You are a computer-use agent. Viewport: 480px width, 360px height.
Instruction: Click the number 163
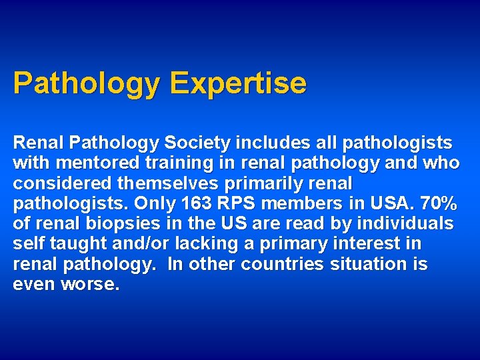coord(191,203)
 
